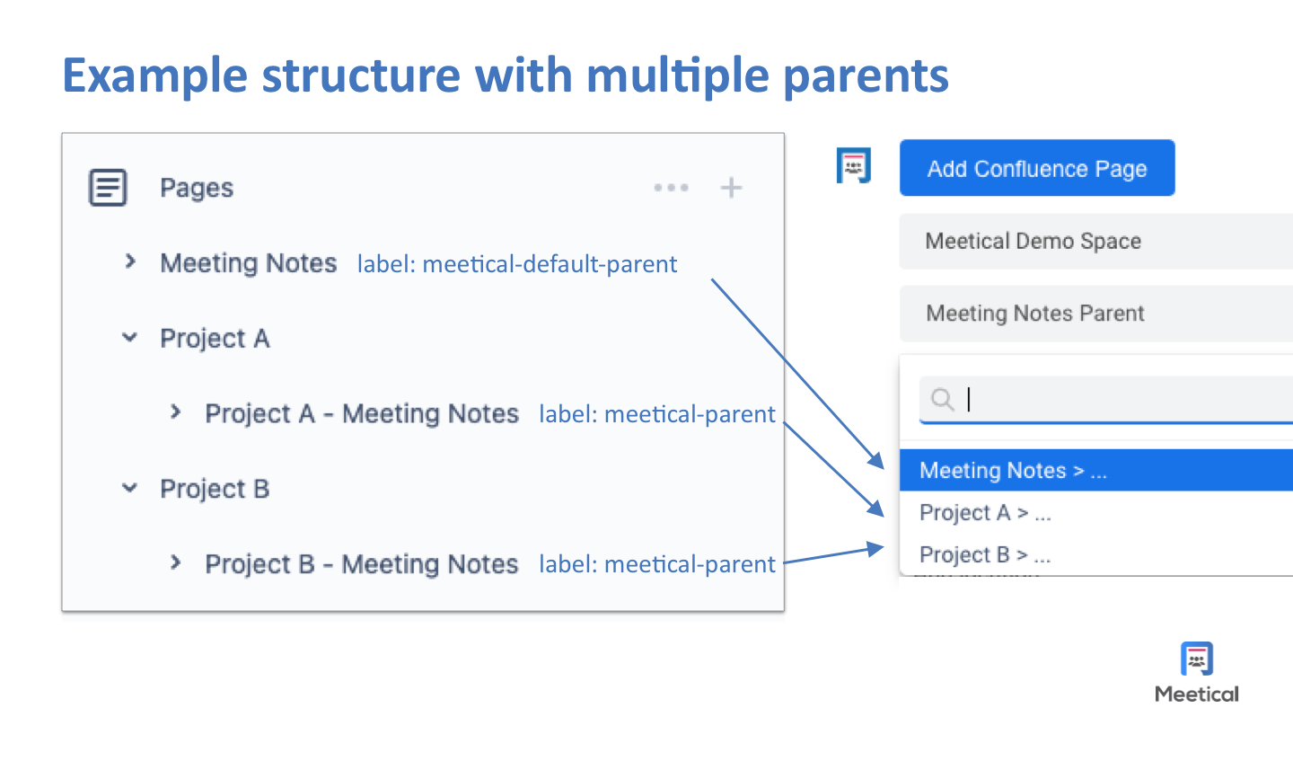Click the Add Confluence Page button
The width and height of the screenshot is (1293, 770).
point(1037,168)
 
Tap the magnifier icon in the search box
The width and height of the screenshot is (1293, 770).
point(942,399)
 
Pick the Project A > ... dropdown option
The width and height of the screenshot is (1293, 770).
point(985,513)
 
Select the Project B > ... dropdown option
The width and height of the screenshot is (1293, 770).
point(985,555)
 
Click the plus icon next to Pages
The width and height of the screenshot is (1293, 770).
point(731,188)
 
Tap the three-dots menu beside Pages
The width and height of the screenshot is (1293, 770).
point(671,188)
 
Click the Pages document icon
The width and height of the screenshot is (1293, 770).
point(108,188)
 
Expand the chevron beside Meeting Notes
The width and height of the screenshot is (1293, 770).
point(131,261)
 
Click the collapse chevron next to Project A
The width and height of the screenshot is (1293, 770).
point(130,338)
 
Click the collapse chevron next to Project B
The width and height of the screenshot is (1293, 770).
point(130,488)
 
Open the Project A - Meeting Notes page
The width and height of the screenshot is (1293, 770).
point(362,413)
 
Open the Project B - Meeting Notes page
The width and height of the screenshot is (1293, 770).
point(362,564)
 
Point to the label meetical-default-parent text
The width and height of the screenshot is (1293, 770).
point(517,264)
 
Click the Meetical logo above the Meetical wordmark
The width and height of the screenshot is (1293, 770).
point(1196,659)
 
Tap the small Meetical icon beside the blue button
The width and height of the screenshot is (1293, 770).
point(853,166)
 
